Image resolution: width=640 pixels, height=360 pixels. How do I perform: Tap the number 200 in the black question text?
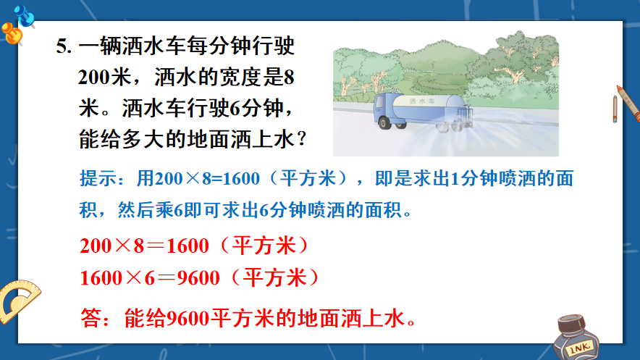95,77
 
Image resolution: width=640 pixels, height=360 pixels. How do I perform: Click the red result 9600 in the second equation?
198,278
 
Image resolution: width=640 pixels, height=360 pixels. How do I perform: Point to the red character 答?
90,318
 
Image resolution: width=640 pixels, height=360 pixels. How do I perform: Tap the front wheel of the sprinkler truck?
384,122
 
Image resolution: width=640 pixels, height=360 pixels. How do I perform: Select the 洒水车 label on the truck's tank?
422,101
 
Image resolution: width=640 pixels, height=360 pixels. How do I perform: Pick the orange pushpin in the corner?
12,33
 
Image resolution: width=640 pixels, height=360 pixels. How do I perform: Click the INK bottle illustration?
576,338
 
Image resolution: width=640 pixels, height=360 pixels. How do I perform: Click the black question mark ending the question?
302,140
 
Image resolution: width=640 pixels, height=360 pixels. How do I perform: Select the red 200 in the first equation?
96,246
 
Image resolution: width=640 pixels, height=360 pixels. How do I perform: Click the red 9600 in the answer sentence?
188,319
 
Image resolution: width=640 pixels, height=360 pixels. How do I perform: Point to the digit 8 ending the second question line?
289,77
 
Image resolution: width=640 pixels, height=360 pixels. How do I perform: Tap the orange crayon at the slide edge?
628,104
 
